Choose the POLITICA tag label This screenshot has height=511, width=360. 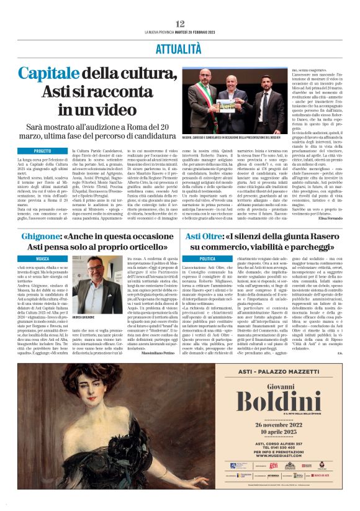pos(207,258)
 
